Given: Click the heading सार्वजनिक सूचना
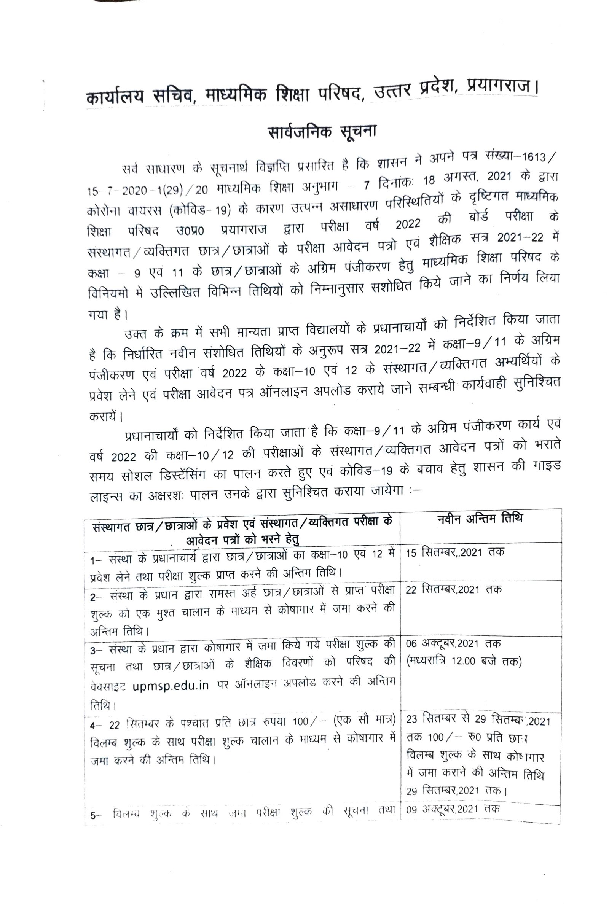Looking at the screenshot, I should pos(322,132).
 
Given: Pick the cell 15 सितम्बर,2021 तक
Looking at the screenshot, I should pos(455,552).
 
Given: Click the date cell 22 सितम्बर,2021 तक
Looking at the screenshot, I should pos(454,589).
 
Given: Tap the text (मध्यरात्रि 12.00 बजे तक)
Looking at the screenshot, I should pos(464,660).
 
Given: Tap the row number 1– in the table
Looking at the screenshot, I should pos(95,560).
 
